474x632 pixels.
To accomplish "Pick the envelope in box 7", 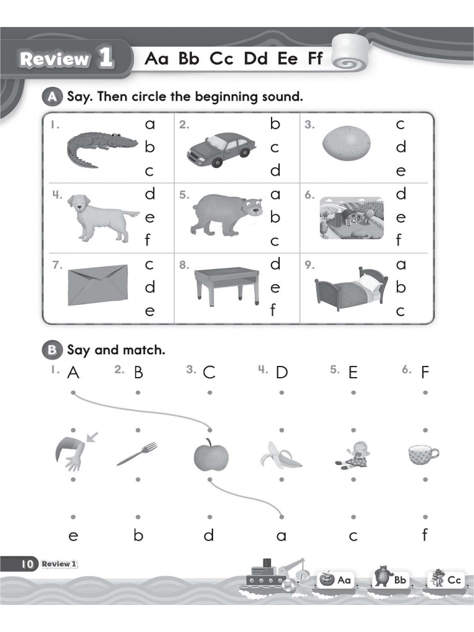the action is coord(98,285).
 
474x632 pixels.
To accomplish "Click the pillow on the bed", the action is coord(371,281).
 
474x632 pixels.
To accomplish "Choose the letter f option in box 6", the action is coord(399,240).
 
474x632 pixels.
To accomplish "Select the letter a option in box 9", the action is coord(401,265).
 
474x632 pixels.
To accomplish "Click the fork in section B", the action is coord(137,454).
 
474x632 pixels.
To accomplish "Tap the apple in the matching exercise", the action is coord(211,455).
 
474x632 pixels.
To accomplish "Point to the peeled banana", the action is coord(281,455).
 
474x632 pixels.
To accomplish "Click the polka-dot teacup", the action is coord(423,455).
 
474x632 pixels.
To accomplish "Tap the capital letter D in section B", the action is coord(281,373).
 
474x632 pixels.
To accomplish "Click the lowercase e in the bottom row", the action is coord(73,536).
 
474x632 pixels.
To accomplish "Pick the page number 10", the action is coord(27,564).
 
